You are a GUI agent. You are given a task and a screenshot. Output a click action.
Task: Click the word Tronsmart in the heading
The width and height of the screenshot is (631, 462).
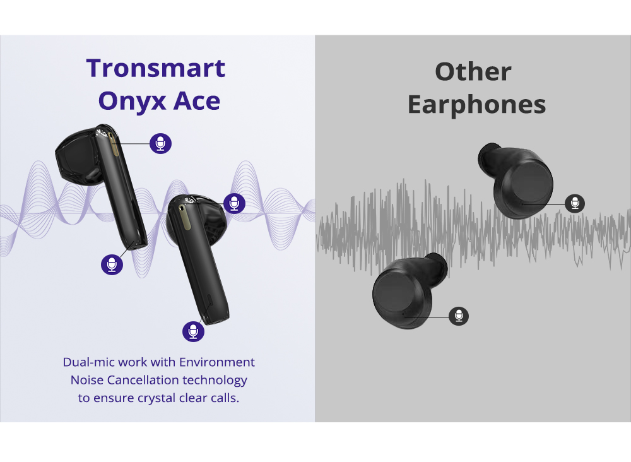[155, 68]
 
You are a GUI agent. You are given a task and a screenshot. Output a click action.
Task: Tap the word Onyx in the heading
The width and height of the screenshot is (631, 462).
[132, 102]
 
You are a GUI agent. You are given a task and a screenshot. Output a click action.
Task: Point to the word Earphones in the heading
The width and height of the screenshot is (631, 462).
[477, 105]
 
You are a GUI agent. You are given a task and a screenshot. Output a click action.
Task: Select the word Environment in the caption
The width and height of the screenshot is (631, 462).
[217, 362]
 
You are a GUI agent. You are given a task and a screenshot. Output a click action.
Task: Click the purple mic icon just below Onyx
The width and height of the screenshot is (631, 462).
[160, 143]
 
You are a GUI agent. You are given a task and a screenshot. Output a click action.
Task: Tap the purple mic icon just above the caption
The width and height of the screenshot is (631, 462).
[193, 331]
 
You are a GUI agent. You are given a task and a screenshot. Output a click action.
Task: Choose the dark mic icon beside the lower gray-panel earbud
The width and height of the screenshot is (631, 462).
[459, 316]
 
